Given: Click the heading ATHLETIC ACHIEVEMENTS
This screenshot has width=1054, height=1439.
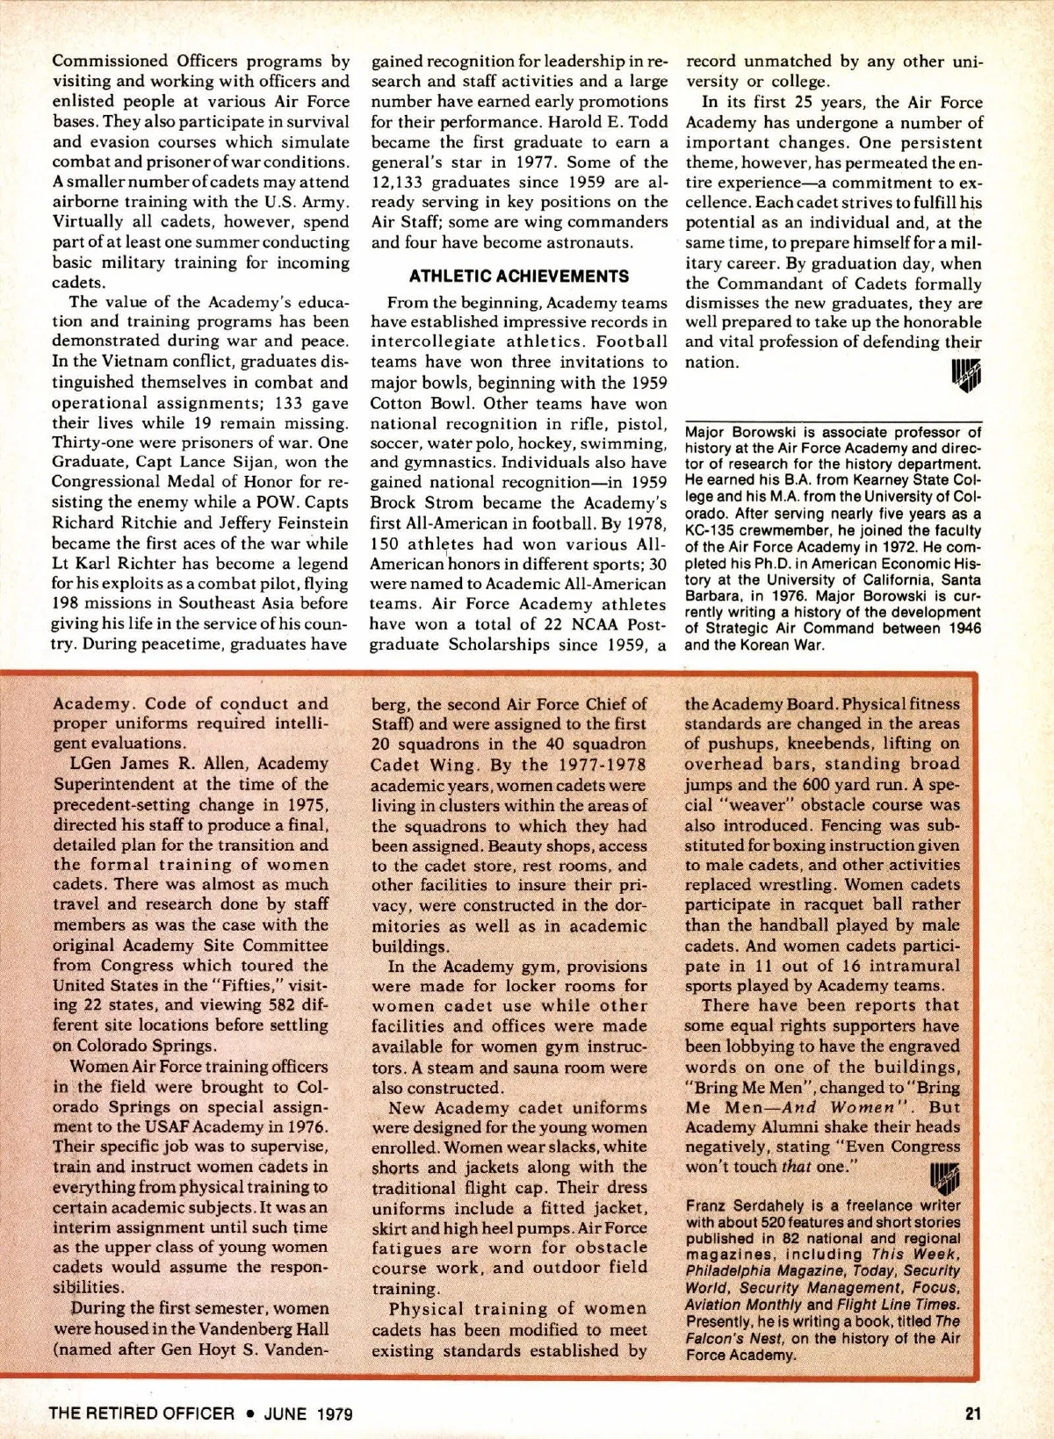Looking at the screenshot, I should (519, 276).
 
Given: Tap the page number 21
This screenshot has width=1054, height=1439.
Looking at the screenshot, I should (972, 1413).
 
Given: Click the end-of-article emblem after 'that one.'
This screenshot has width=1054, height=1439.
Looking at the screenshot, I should (944, 1173).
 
